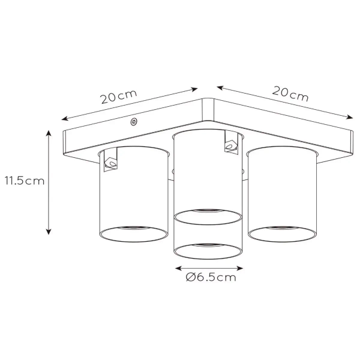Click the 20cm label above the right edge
290,94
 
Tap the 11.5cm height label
25,180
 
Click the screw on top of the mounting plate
133,122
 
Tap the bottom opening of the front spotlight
208,249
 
